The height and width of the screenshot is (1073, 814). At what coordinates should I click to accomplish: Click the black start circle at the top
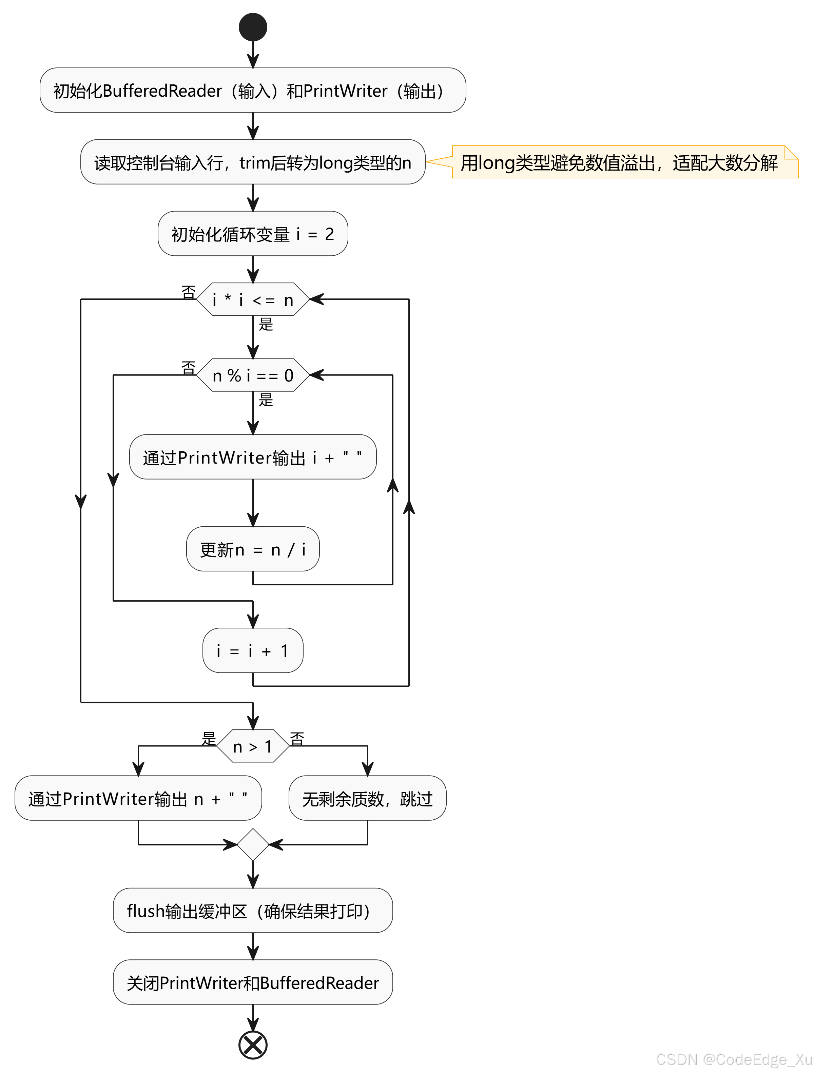pos(253,27)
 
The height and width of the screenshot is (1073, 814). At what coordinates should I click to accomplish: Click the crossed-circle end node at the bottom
pos(253,1045)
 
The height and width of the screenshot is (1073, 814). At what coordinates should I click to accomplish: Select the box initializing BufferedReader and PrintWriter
pos(253,90)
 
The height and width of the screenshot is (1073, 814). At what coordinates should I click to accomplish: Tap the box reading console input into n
pos(253,162)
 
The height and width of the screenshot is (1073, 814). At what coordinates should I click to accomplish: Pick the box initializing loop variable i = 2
pos(253,233)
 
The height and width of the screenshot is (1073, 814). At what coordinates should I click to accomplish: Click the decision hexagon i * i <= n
pos(253,299)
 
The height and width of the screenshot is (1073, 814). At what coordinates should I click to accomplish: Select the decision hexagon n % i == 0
pos(253,375)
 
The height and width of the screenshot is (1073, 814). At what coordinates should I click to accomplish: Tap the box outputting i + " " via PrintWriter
pos(253,457)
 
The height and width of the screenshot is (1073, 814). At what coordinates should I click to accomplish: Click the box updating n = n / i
pos(253,549)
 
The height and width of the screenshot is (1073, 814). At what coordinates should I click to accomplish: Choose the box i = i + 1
pos(253,650)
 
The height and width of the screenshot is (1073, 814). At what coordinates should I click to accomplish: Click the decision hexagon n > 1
pos(253,746)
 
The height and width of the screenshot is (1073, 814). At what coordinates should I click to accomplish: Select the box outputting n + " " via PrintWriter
pos(138,798)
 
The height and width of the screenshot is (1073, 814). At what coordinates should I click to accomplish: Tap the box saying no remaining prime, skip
pos(367,798)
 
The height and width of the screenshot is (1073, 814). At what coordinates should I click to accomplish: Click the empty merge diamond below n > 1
pos(253,844)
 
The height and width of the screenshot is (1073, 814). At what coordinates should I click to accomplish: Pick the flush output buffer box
pos(253,911)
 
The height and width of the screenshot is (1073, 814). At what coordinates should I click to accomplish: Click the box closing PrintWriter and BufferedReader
pos(253,982)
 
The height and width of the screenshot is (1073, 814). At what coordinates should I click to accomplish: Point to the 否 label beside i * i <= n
pos(188,292)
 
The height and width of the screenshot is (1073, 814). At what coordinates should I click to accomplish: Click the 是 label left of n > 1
pos(209,738)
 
